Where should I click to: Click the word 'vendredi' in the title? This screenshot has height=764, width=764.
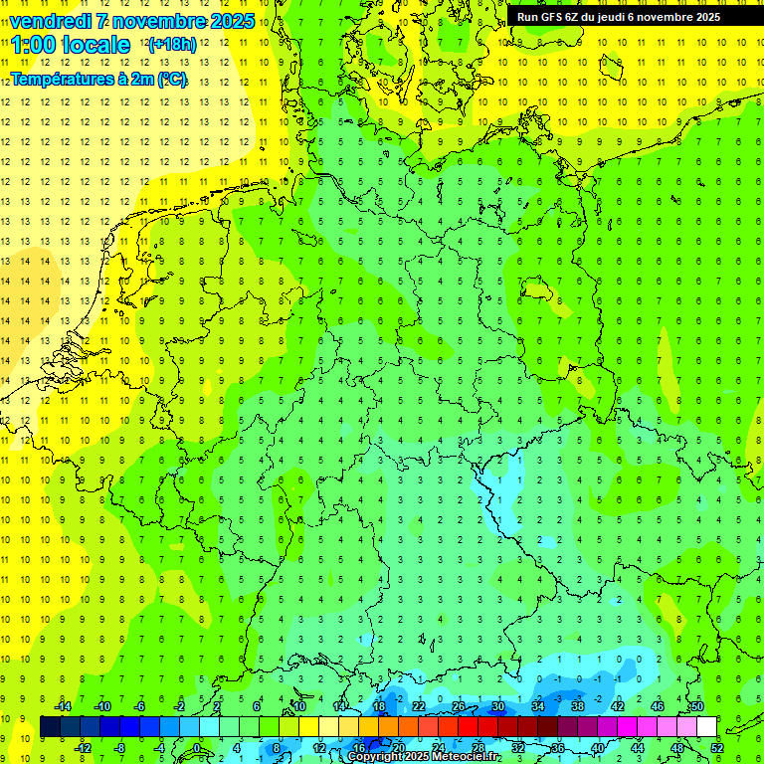[x=50, y=21]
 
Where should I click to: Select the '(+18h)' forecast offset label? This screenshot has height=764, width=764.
[x=172, y=45]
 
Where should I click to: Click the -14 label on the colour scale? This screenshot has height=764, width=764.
[x=62, y=706]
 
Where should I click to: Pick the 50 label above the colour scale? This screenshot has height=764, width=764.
[x=697, y=706]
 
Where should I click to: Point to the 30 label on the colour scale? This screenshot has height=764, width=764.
[x=498, y=706]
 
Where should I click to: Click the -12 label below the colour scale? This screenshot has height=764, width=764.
[x=83, y=748]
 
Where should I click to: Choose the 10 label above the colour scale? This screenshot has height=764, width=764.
[x=299, y=706]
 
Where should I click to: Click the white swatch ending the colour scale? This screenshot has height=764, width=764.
[x=707, y=727]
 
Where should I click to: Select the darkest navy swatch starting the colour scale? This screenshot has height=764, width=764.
[x=50, y=727]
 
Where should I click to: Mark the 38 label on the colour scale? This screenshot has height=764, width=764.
[x=578, y=706]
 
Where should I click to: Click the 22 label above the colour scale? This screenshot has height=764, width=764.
[x=419, y=706]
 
